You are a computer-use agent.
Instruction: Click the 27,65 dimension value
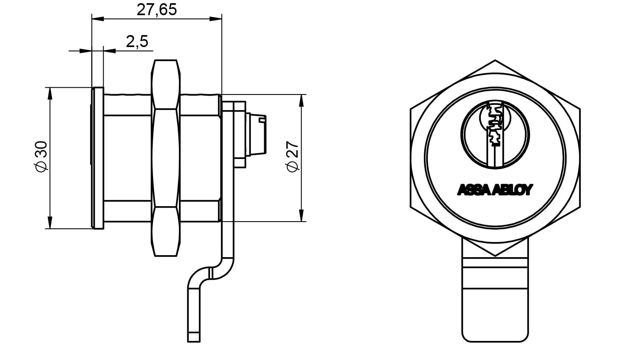(157, 10)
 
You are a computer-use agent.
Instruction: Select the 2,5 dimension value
(137, 42)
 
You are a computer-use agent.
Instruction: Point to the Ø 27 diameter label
(292, 156)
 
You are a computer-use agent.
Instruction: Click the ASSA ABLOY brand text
(495, 190)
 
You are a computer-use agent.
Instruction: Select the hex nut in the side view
(165, 158)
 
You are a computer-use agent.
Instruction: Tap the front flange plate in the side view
(98, 158)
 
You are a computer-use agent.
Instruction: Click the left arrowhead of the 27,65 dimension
(98, 19)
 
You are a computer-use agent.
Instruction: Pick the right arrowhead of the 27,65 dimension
(216, 19)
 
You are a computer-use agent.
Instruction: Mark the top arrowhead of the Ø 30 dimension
(50, 94)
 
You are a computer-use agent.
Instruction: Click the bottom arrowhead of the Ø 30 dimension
(50, 222)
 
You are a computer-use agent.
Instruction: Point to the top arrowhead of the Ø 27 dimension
(302, 100)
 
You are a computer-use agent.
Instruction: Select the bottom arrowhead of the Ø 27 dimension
(302, 215)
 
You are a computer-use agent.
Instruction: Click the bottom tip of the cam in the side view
(194, 342)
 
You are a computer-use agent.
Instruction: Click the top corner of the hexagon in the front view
(495, 60)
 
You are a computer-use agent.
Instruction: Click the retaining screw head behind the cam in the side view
(256, 135)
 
